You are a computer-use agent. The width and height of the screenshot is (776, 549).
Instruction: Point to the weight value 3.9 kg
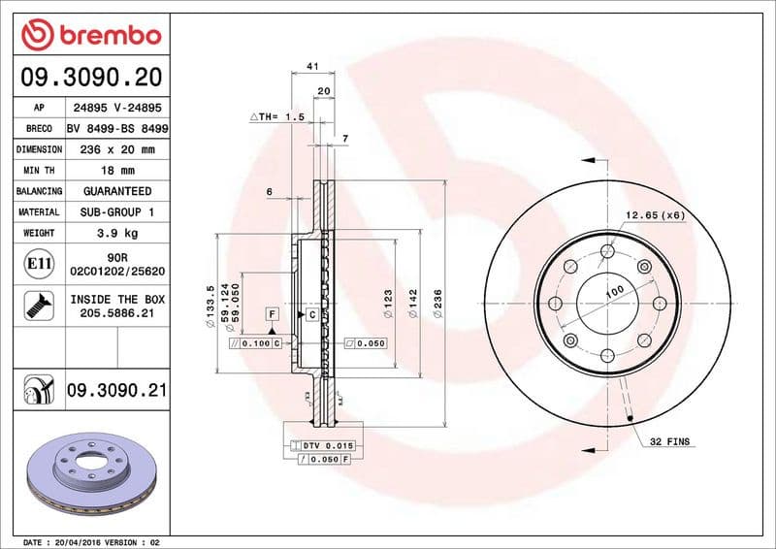tap(116, 233)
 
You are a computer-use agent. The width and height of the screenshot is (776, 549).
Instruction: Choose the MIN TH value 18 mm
tap(116, 171)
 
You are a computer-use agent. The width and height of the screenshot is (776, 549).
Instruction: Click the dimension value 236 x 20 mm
tap(116, 150)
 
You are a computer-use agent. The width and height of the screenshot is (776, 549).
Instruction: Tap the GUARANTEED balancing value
tap(116, 192)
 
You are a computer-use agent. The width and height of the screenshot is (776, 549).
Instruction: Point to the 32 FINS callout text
tap(670, 441)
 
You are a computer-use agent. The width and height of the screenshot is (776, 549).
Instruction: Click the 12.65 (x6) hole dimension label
tap(655, 214)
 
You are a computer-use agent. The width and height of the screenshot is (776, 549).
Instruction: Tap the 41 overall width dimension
tap(312, 66)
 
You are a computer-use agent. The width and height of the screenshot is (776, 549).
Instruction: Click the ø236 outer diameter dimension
tap(438, 303)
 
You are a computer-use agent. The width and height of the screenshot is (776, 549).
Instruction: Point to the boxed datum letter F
tap(273, 314)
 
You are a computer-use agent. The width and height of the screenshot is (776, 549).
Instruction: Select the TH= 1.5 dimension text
tap(278, 116)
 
